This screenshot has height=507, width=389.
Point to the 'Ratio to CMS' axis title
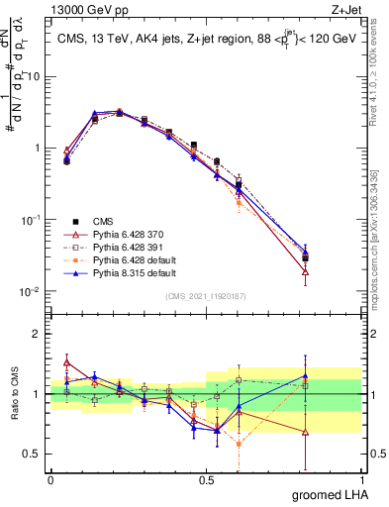16,394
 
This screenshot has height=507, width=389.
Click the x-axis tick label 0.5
206,480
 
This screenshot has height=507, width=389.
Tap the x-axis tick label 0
50,480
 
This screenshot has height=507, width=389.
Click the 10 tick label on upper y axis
35,76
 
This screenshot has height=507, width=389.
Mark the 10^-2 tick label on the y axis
30,292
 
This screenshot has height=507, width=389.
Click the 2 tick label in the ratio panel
38,334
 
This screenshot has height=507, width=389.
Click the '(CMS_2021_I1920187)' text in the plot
207,295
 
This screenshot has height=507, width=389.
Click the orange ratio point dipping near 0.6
240,444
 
